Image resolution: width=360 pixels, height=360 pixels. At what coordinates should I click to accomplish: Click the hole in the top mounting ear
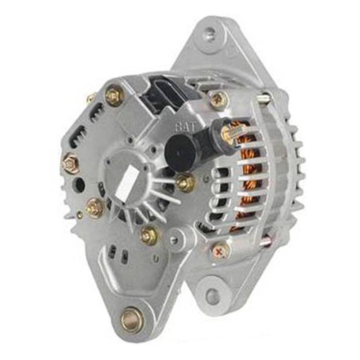click(210, 31)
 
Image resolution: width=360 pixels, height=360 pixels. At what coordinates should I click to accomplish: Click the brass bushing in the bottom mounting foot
click(131, 320)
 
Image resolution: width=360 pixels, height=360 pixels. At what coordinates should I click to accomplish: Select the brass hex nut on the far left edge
click(71, 163)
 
